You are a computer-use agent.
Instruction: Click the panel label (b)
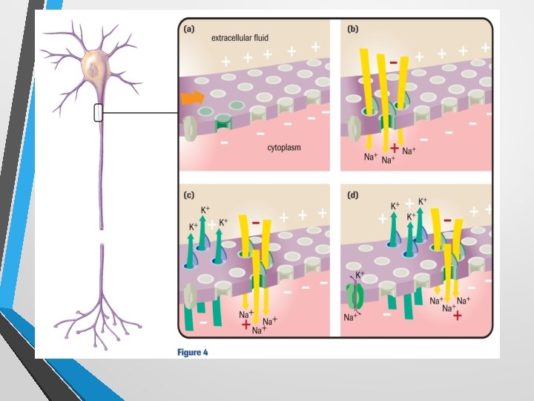coord(353,29)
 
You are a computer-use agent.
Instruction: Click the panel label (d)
coord(353,195)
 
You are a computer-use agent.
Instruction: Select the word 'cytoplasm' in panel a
coord(283,148)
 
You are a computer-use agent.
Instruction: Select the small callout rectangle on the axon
coord(98,113)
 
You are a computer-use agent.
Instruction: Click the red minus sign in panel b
coord(392,51)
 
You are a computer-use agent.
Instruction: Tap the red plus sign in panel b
coord(394,149)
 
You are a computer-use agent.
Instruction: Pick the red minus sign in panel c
coord(256,222)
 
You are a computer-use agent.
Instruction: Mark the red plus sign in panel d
coord(457,316)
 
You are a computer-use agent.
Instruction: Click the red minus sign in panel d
coord(447,220)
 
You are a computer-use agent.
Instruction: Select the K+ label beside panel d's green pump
coord(361,276)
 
